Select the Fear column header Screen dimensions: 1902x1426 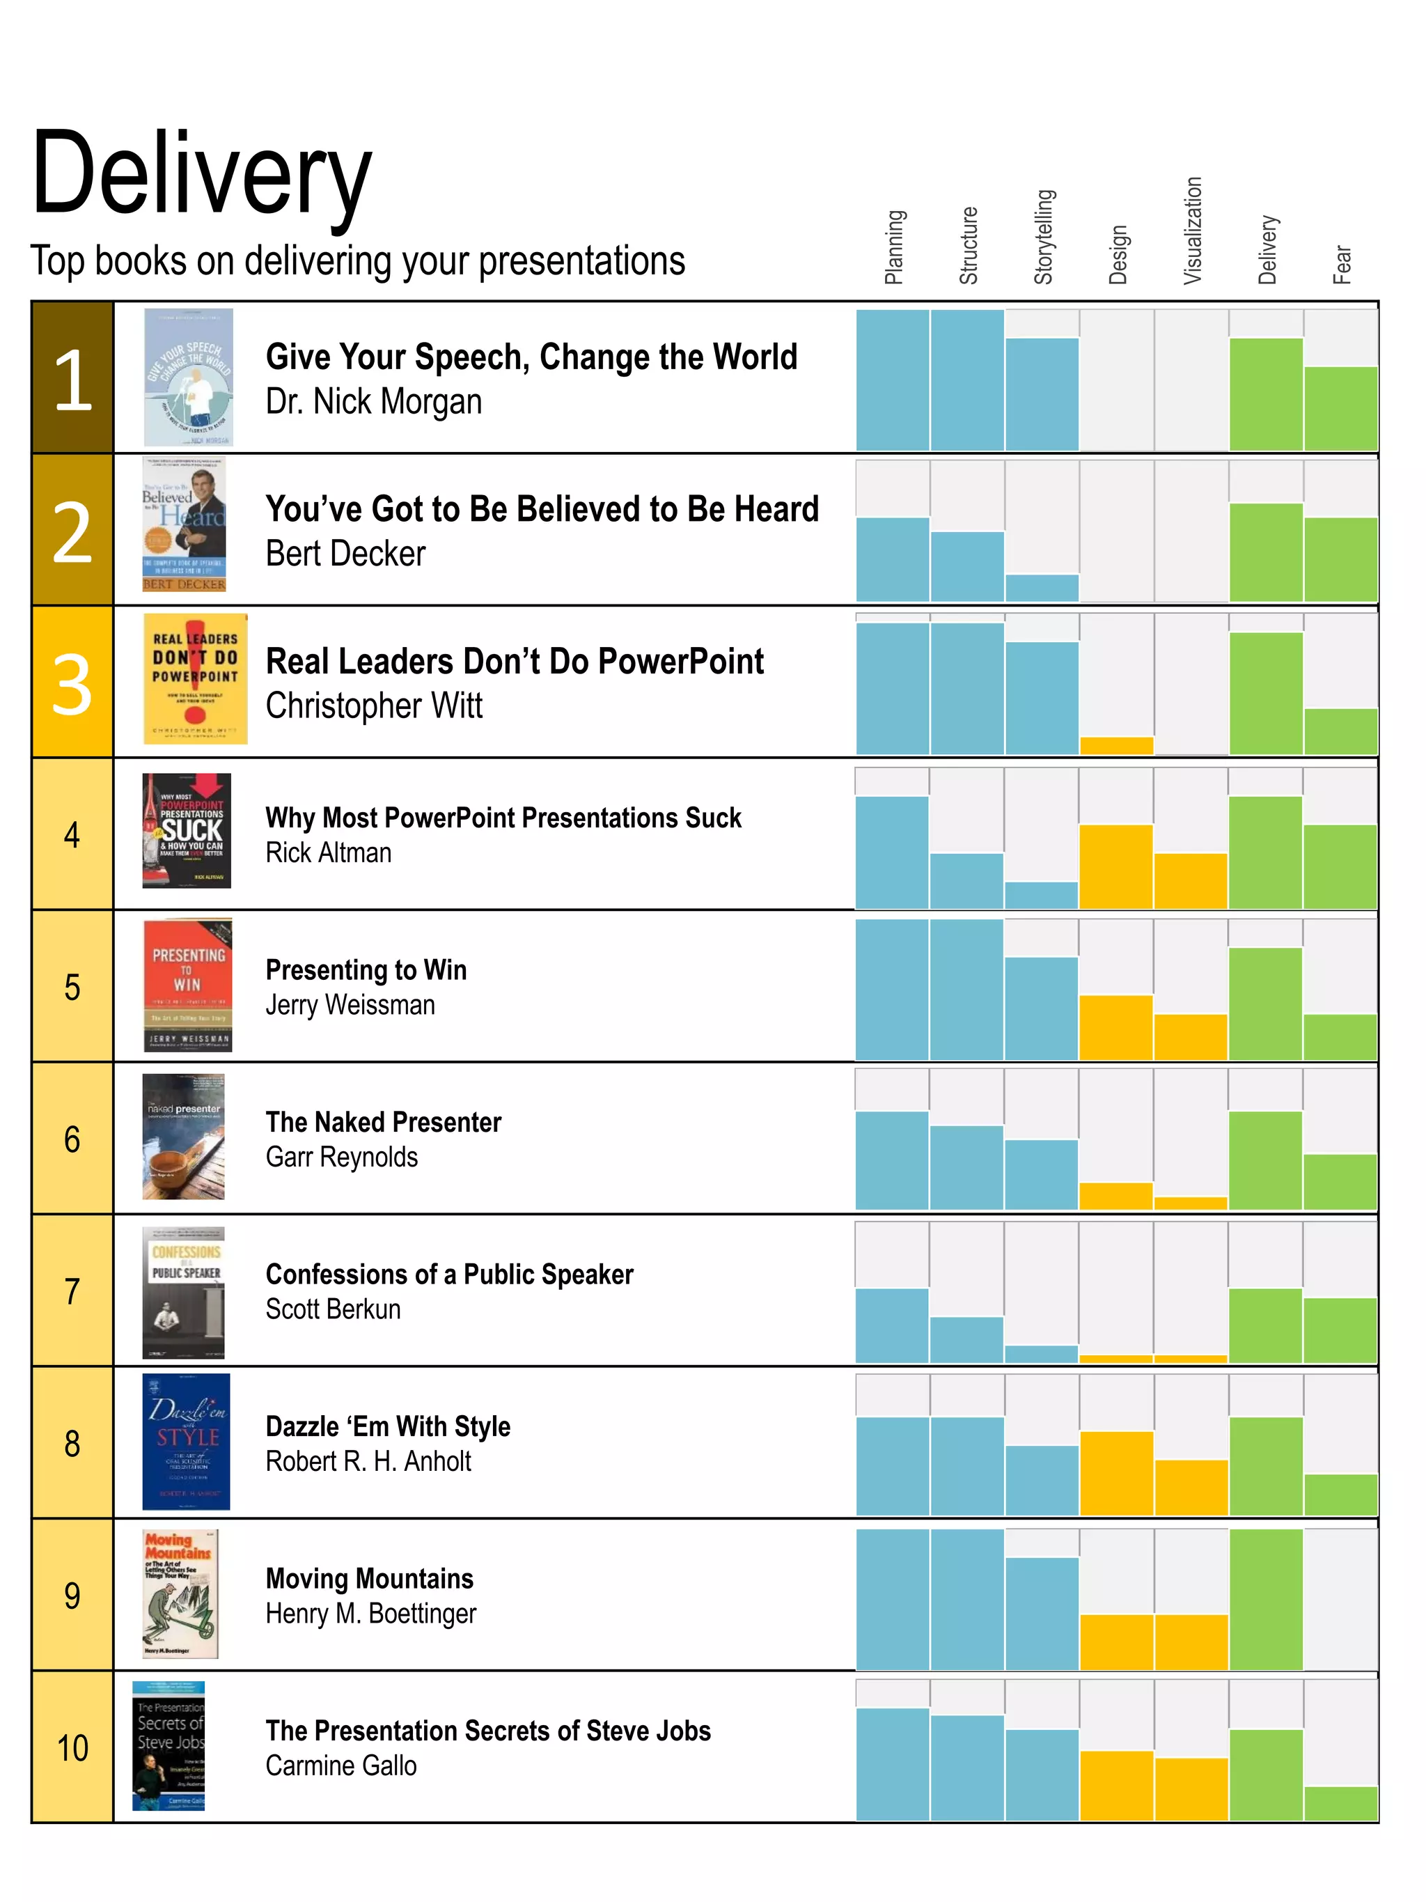pyautogui.click(x=1341, y=264)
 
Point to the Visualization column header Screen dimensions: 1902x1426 pyautogui.click(x=1191, y=231)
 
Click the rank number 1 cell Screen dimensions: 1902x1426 pyautogui.click(x=72, y=378)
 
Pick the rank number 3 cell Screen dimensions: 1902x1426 pyautogui.click(x=72, y=683)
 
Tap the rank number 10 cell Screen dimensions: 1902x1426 pyautogui.click(x=72, y=1747)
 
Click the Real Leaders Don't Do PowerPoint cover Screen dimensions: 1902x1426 pyautogui.click(x=195, y=679)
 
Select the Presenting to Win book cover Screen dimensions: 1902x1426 pyautogui.click(x=187, y=985)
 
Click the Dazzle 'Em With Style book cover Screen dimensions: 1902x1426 pyautogui.click(x=186, y=1441)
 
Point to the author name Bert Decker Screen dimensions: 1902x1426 pyautogui.click(x=345, y=554)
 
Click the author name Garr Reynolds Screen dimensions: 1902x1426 pyautogui.click(x=341, y=1157)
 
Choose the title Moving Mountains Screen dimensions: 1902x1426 pyautogui.click(x=370, y=1578)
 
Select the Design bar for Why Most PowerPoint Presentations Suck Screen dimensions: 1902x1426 pyautogui.click(x=1115, y=867)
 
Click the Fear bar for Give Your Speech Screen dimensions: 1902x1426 pyautogui.click(x=1340, y=410)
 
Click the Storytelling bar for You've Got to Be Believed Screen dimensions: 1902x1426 pyautogui.click(x=1042, y=588)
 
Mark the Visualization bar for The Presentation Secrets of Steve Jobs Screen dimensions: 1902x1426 pyautogui.click(x=1191, y=1788)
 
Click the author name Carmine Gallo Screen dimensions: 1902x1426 pyautogui.click(x=340, y=1765)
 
